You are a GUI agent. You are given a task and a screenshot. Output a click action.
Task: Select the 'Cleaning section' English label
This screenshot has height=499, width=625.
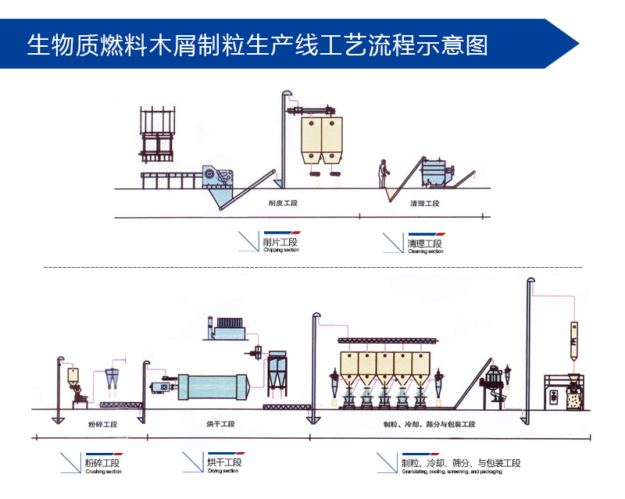425,251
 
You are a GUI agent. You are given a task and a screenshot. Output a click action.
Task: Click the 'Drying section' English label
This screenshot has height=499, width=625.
223,471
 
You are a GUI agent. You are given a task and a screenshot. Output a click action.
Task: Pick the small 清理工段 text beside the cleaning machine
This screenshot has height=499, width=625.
425,204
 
